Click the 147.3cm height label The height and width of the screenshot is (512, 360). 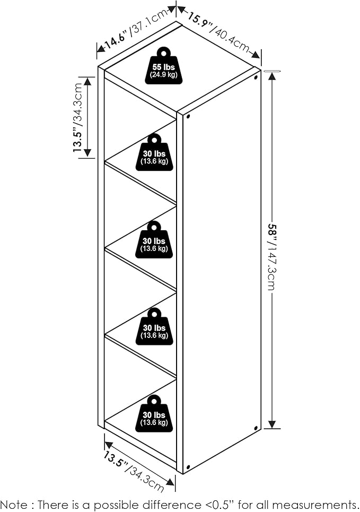tap(271, 268)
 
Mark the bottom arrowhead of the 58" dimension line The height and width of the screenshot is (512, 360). tap(272, 424)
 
